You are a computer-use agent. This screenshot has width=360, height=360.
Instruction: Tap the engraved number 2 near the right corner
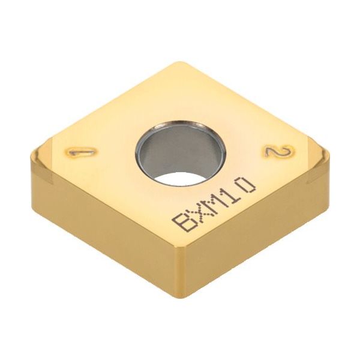(x=277, y=154)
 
